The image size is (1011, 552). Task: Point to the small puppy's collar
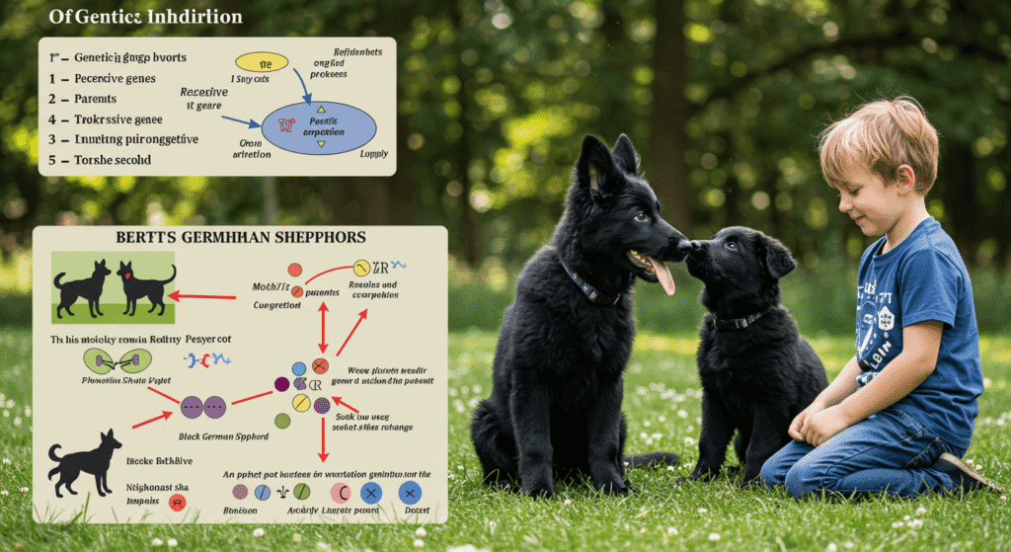point(738,320)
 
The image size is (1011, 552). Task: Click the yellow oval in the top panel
point(262,62)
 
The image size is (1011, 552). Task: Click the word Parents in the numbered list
point(95,99)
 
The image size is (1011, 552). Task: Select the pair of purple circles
point(203,405)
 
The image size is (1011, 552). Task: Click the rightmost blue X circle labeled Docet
point(411,492)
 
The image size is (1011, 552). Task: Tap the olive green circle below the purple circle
point(283,420)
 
